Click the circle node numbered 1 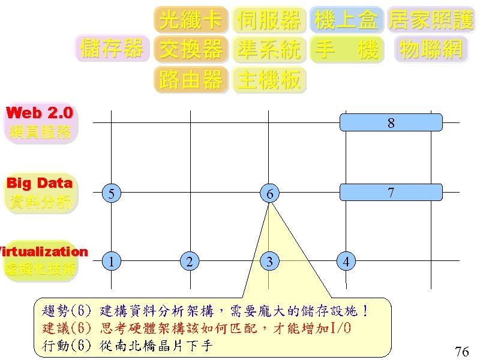click(111, 261)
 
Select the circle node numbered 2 click(190, 261)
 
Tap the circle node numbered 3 click(270, 261)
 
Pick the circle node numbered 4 click(346, 262)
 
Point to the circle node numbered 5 click(111, 193)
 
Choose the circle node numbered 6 click(270, 193)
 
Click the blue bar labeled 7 click(391, 192)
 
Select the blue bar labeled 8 click(391, 122)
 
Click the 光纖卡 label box click(191, 20)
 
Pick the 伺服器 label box click(269, 20)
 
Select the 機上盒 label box click(346, 20)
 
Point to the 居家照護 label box click(431, 20)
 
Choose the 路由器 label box click(191, 79)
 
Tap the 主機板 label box click(269, 79)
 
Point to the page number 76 click(461, 352)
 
